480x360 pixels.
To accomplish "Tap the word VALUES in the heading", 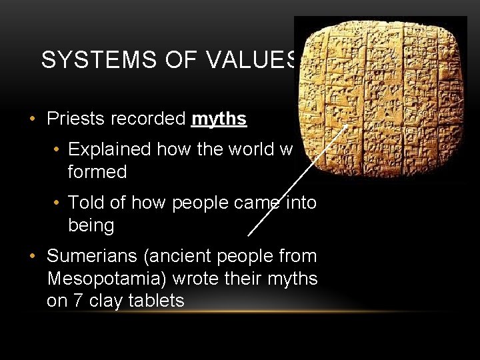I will point(253,60).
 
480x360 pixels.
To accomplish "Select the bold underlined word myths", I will point(219,119).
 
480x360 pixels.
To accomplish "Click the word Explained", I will point(109,149).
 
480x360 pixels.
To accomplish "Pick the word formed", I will point(97,172).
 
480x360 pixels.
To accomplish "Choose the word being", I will point(91,225).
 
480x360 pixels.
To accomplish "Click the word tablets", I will point(159,301).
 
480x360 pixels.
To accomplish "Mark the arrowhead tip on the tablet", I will point(349,125).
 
